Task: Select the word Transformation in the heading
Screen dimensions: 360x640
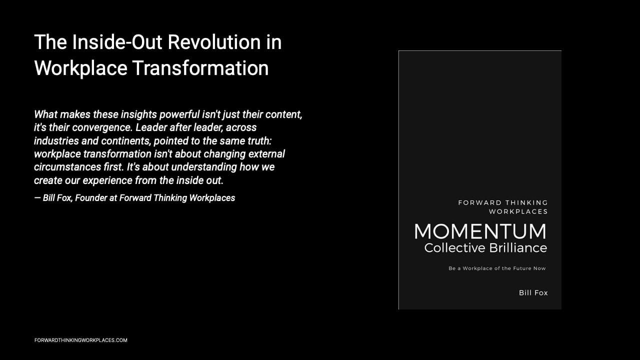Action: coord(200,68)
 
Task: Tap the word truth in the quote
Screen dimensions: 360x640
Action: coord(259,140)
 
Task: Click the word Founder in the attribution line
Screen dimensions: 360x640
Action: coord(91,198)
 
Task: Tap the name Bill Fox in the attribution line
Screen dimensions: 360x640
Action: coord(57,198)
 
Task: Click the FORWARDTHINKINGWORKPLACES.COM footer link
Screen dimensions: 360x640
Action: coord(81,340)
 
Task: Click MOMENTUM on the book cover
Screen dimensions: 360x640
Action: coord(480,231)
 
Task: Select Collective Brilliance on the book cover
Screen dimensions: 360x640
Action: coord(485,248)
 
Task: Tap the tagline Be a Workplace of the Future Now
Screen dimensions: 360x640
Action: coord(497,268)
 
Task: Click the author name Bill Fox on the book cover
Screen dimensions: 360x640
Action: coord(533,293)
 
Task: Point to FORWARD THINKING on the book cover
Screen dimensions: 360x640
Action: coord(502,202)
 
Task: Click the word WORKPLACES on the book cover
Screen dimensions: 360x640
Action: coord(518,211)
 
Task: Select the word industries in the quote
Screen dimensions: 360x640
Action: coord(55,140)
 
